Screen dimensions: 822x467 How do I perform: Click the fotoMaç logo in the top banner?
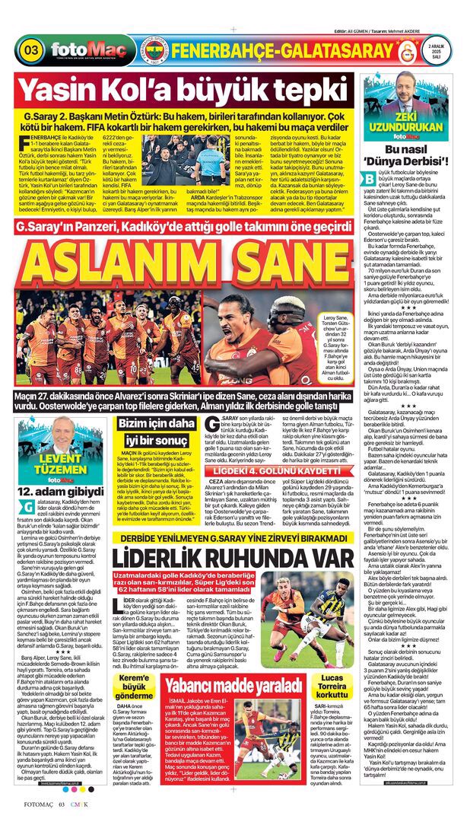click(x=78, y=51)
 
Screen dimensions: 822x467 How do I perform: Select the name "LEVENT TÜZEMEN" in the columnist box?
click(x=58, y=462)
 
